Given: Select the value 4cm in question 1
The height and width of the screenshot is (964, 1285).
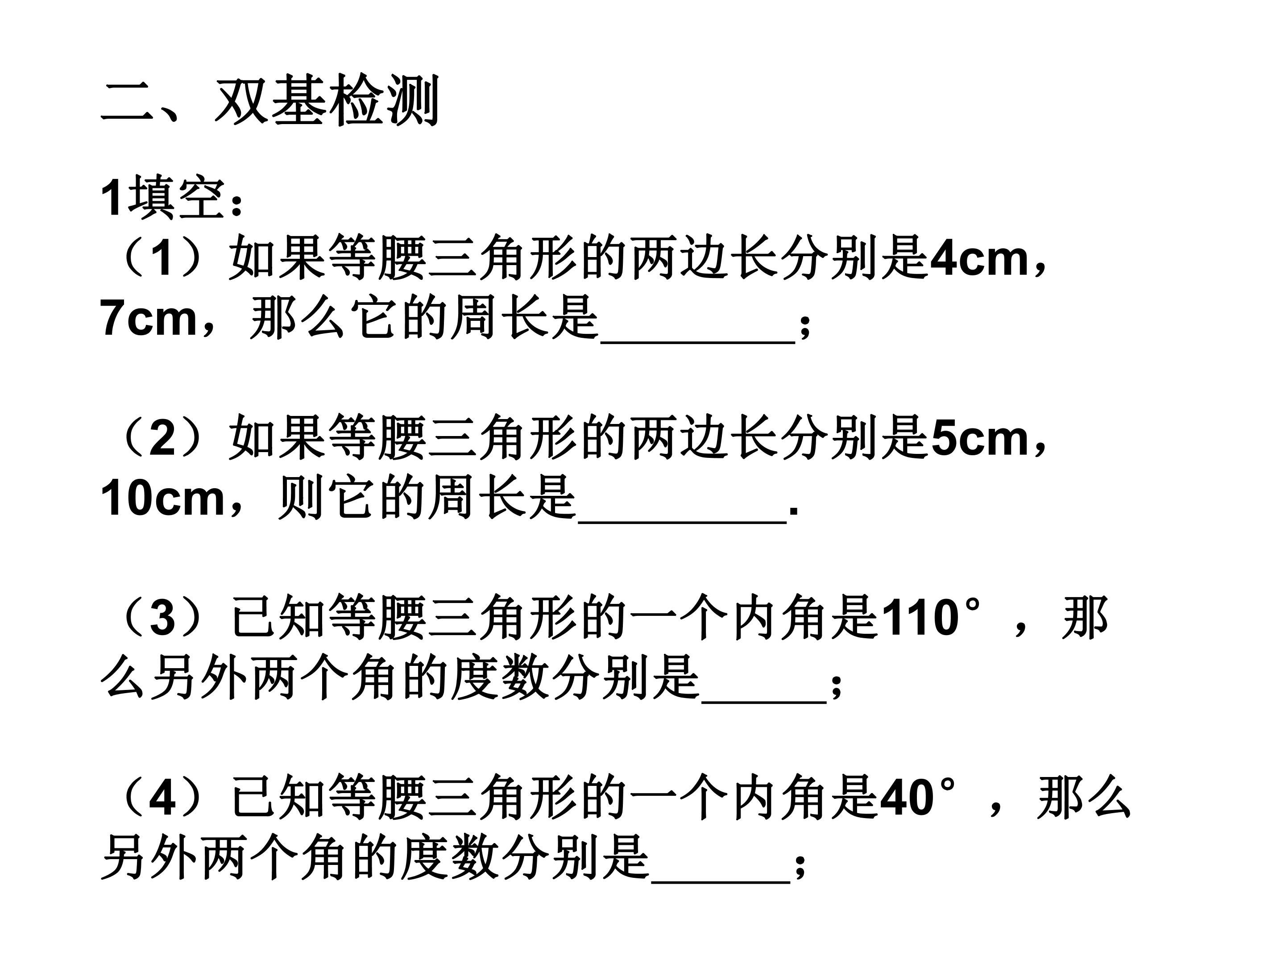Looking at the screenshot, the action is [x=979, y=258].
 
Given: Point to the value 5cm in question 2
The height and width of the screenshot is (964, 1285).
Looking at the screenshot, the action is [x=979, y=439].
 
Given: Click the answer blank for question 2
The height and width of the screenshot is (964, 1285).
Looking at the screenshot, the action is [x=682, y=523].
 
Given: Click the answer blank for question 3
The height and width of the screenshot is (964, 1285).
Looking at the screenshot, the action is [x=764, y=703].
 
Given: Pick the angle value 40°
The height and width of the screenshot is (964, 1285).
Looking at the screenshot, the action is [x=918, y=798].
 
